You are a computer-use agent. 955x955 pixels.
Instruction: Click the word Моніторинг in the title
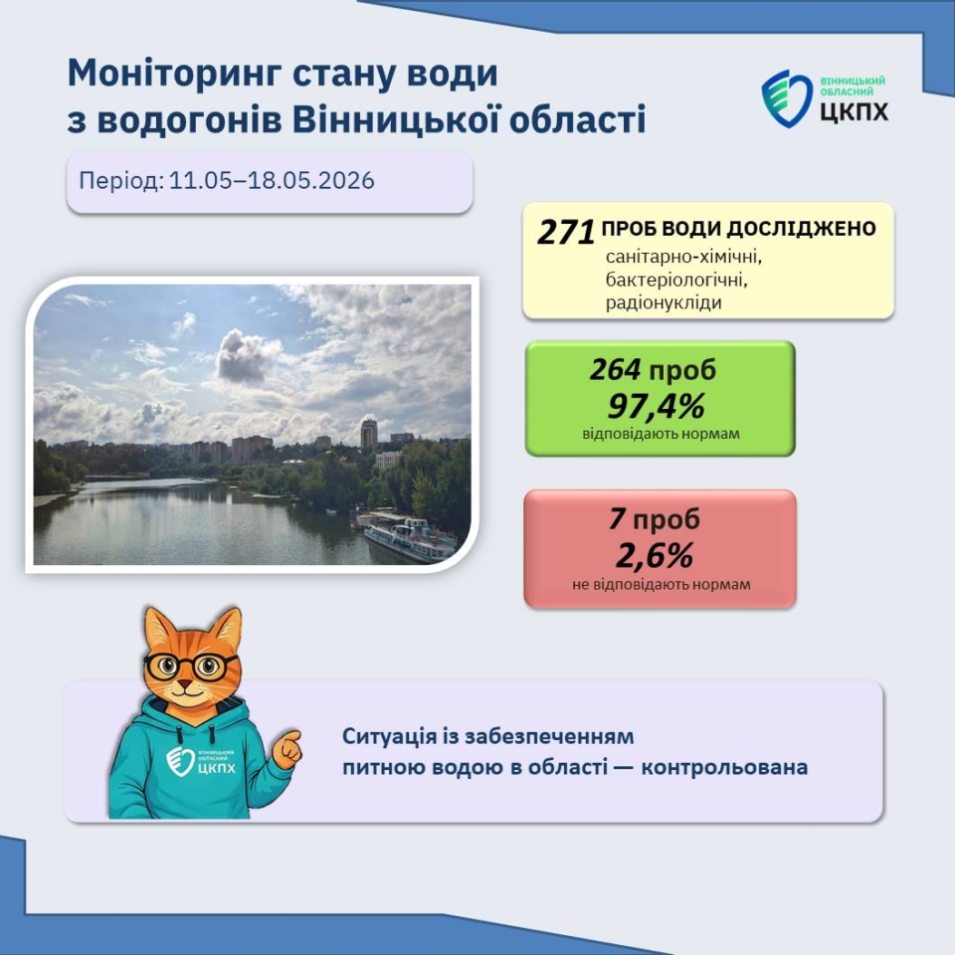pyautogui.click(x=174, y=75)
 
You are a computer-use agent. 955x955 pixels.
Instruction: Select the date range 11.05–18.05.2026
pyautogui.click(x=272, y=181)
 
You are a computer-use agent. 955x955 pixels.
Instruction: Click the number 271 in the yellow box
pyautogui.click(x=566, y=232)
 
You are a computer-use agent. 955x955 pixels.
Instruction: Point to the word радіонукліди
pyautogui.click(x=664, y=302)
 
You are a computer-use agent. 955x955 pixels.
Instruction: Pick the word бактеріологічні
pyautogui.click(x=676, y=280)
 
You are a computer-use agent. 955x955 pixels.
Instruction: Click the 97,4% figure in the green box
pyautogui.click(x=657, y=406)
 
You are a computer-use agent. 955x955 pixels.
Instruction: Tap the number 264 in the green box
pyautogui.click(x=615, y=369)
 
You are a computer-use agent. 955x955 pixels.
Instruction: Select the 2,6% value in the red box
pyautogui.click(x=655, y=555)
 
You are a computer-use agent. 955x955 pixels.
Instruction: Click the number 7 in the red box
pyautogui.click(x=617, y=519)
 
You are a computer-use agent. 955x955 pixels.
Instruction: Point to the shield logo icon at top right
pyautogui.click(x=786, y=98)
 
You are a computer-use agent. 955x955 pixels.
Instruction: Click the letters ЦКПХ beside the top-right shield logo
pyautogui.click(x=854, y=111)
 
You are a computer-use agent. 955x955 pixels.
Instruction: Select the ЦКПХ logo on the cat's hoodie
pyautogui.click(x=200, y=761)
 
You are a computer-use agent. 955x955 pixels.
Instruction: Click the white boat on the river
pyautogui.click(x=409, y=539)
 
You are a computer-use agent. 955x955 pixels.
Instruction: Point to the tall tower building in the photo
pyautogui.click(x=368, y=434)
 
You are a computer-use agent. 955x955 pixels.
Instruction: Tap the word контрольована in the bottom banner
pyautogui.click(x=724, y=767)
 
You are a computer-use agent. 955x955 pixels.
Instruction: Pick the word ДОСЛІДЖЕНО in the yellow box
pyautogui.click(x=802, y=229)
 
